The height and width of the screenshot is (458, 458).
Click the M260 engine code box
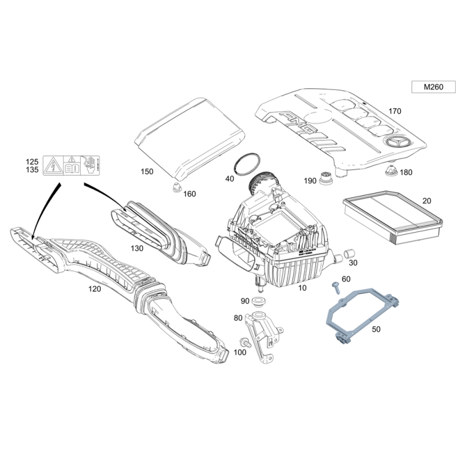pos(433,87)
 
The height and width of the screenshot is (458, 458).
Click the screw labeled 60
pos(333,286)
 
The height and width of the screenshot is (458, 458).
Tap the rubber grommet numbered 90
pos(260,301)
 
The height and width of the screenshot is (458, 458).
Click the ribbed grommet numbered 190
pos(327,177)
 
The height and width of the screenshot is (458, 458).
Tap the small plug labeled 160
pos(176,187)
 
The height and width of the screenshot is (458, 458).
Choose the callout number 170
pos(394,111)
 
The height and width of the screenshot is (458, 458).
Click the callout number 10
pos(302,288)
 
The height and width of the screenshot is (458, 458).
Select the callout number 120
pos(94,289)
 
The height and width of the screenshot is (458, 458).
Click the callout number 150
pos(147,171)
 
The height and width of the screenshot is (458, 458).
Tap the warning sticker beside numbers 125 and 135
pos(72,165)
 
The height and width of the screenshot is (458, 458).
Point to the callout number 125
pos(32,161)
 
